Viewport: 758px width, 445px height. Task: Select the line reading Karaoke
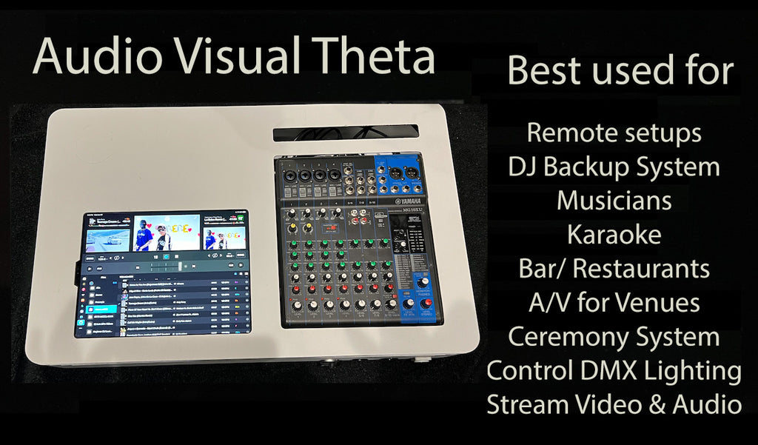pos(614,235)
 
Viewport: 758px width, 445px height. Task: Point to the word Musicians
pos(614,201)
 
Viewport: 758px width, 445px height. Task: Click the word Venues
pos(660,302)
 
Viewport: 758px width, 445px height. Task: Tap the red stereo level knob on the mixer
pos(422,282)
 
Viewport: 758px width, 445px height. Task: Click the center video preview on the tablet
pos(166,232)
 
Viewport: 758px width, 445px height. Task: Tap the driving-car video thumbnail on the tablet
pos(108,239)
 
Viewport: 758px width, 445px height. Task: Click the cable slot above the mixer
pos(345,133)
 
